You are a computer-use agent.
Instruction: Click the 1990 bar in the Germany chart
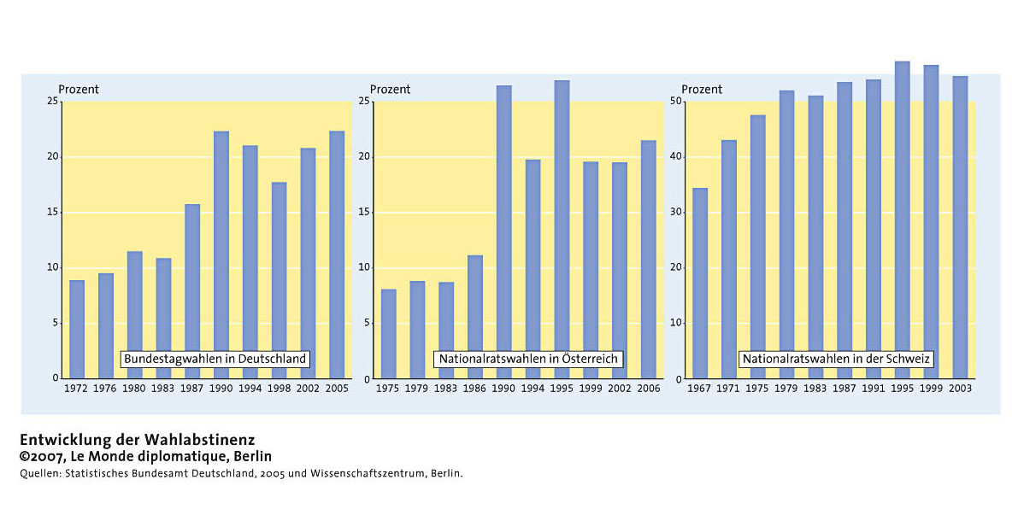221,254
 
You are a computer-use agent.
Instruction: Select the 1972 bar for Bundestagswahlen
77,330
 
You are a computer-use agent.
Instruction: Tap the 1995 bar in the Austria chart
562,230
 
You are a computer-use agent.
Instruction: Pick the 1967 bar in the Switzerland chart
700,284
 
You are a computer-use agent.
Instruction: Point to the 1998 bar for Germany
280,280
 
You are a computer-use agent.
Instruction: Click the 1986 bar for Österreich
475,317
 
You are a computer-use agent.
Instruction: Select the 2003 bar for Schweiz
960,227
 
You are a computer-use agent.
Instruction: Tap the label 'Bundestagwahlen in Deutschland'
215,360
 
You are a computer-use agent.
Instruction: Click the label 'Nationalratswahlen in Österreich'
528,360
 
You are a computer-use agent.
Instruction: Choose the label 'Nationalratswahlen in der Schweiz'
836,360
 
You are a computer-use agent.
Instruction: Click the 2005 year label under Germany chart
337,389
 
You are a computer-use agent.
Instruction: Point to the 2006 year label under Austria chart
648,389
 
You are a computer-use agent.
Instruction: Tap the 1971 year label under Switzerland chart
728,389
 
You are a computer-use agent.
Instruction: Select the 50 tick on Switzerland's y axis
676,102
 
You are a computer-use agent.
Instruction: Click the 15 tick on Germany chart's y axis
53,213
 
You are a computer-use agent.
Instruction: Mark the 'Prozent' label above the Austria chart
390,90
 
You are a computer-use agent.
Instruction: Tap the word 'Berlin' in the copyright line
251,457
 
